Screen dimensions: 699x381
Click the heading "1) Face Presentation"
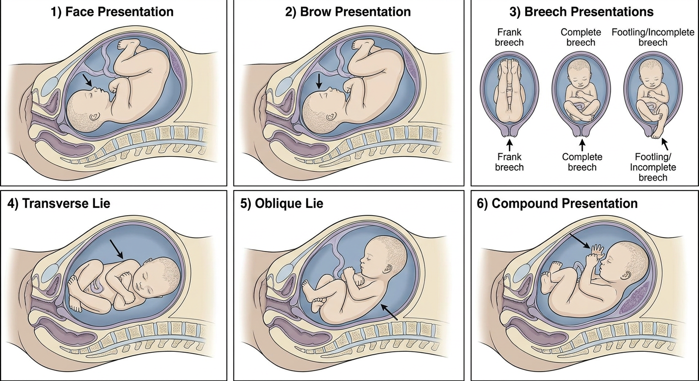click(x=112, y=12)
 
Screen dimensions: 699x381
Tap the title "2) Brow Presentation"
click(x=348, y=12)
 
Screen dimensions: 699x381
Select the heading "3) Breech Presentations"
click(x=581, y=12)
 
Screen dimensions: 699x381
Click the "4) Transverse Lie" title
click(x=59, y=203)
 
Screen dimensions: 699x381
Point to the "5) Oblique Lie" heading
click(x=282, y=203)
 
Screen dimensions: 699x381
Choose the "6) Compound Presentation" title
click(x=557, y=203)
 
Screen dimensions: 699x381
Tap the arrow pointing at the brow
click(x=319, y=81)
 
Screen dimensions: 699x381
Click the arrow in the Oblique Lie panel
click(x=389, y=312)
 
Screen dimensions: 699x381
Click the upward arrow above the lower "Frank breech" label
click(x=509, y=145)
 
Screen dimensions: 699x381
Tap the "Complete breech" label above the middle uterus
click(x=581, y=37)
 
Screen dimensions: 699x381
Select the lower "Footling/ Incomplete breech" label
click(x=653, y=167)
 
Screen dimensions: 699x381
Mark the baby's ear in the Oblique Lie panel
click(x=389, y=269)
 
